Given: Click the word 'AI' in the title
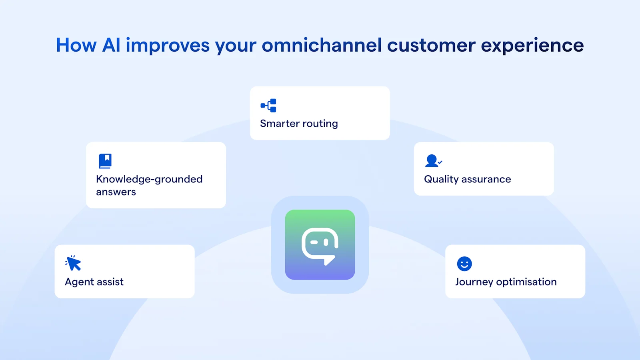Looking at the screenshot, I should click(x=111, y=45).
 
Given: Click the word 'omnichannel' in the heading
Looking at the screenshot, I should click(x=322, y=45).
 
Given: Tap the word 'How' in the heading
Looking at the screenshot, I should click(x=76, y=45).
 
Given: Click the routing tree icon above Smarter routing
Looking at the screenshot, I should click(x=268, y=106).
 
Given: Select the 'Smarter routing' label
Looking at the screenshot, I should click(x=299, y=124).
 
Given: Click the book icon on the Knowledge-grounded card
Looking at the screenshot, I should click(x=105, y=161).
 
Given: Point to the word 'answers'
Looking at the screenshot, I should click(x=116, y=192).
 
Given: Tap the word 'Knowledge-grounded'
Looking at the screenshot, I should click(x=149, y=179).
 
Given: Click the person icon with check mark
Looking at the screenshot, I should click(x=433, y=161).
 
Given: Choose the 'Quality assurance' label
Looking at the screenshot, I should click(x=467, y=179).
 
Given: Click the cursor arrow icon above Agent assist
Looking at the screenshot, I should click(x=73, y=263).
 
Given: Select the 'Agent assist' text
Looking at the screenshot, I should click(x=94, y=282).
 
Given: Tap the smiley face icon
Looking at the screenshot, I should click(x=464, y=264).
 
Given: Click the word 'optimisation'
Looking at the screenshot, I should click(x=526, y=282).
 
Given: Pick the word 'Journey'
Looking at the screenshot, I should click(x=474, y=282).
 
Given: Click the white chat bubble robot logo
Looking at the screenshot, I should click(x=320, y=245).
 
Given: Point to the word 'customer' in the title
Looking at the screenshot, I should click(x=431, y=45).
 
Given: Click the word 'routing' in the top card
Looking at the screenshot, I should click(x=320, y=124).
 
